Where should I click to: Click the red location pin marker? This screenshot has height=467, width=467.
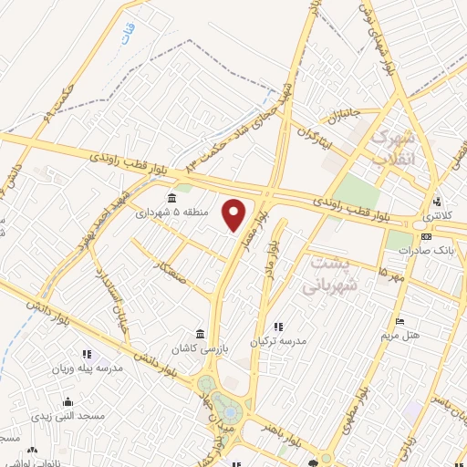235,214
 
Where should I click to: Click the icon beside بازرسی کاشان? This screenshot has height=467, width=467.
201,332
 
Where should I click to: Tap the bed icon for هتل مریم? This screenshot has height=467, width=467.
400,321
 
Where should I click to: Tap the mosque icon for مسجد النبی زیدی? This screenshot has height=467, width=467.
68,401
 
